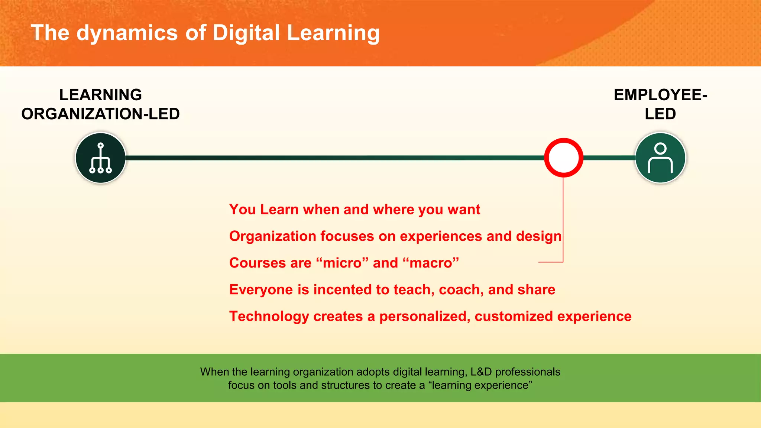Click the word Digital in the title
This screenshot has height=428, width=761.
click(x=246, y=33)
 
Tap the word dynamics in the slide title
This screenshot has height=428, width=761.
click(x=127, y=33)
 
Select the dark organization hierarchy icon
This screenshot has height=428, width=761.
click(x=100, y=158)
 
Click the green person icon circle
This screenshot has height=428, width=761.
click(x=660, y=158)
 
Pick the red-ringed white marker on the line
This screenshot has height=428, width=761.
click(x=563, y=158)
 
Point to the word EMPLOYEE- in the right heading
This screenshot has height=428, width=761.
click(x=660, y=95)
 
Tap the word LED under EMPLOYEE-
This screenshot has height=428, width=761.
click(x=660, y=114)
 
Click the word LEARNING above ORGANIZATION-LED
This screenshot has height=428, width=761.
click(x=100, y=95)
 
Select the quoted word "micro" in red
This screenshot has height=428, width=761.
click(x=342, y=263)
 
